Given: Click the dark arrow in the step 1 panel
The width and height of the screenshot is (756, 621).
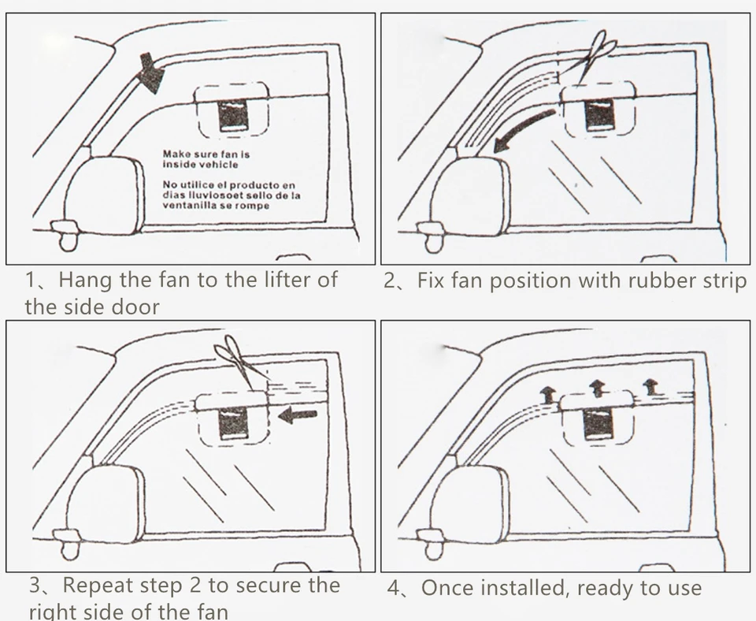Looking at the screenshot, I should [150, 73].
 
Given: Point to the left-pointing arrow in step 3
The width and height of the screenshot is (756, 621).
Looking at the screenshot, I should [298, 413].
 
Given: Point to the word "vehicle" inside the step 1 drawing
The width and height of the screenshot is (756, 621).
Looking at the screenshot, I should [217, 165].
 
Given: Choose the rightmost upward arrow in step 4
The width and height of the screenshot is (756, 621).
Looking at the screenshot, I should [650, 386].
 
